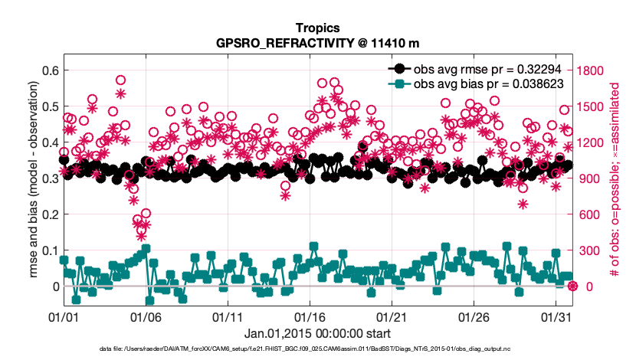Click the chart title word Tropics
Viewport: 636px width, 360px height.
point(317,29)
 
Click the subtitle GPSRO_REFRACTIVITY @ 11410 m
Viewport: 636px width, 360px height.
point(317,43)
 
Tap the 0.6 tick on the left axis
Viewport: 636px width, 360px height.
point(49,70)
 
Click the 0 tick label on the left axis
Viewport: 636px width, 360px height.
point(54,286)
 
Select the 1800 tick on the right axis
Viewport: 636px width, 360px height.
point(593,70)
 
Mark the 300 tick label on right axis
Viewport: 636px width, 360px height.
point(590,250)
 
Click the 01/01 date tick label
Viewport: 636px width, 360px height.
point(64,316)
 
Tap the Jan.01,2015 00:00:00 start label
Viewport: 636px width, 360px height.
point(317,333)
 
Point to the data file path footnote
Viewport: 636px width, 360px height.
point(317,349)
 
